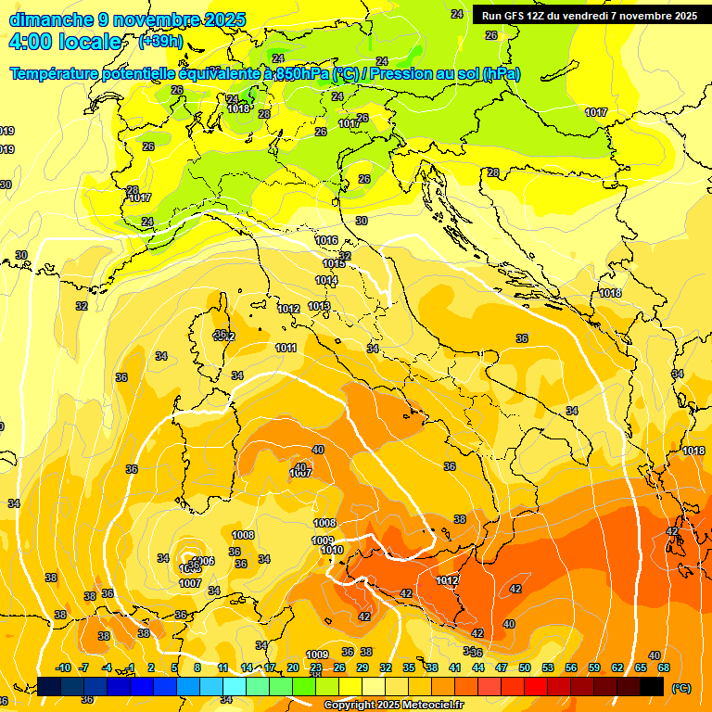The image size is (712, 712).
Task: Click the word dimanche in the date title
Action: [52, 19]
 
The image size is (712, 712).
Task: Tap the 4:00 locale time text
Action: [66, 42]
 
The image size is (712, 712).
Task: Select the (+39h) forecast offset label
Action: [159, 42]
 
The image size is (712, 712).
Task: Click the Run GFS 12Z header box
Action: [590, 15]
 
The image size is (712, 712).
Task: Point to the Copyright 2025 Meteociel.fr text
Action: [393, 705]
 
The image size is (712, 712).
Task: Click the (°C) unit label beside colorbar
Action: [680, 688]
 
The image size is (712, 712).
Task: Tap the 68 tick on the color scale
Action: [664, 667]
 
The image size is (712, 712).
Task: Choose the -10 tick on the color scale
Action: [63, 667]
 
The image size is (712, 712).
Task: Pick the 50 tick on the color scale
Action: [525, 667]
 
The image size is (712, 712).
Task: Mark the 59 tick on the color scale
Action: [594, 667]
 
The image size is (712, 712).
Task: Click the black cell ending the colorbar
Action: [652, 686]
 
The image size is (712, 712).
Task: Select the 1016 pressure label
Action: [326, 240]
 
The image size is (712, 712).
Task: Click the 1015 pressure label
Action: [334, 264]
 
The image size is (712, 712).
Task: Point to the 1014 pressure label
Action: [326, 280]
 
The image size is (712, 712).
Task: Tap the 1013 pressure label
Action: [319, 306]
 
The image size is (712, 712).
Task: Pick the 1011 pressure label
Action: [286, 348]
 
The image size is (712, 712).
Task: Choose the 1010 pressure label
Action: [332, 550]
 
